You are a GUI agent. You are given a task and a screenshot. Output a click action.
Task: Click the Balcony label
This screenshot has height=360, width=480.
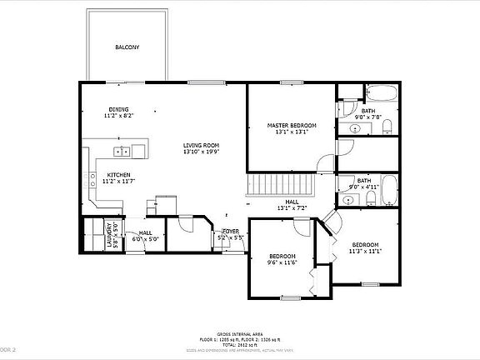(127, 47)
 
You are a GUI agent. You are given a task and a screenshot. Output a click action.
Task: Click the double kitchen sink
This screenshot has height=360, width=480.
(122, 152)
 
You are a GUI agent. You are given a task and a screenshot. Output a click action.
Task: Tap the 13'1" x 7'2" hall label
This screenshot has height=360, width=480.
(292, 204)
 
